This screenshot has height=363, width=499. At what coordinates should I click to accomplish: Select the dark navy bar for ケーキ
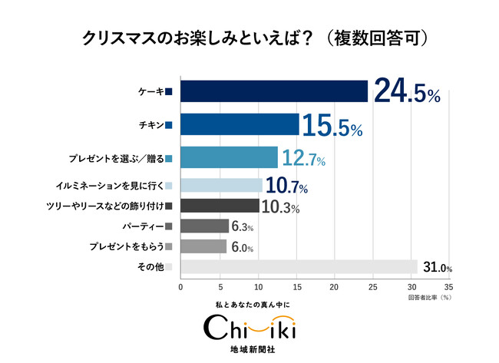click(x=274, y=91)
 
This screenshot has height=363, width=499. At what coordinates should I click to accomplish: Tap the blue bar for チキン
click(x=240, y=124)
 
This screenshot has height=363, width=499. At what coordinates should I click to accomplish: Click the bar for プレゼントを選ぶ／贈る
click(x=229, y=157)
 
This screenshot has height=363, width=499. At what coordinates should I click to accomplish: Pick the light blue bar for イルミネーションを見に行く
click(x=221, y=185)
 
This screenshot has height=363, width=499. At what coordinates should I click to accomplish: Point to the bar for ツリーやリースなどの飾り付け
click(x=220, y=206)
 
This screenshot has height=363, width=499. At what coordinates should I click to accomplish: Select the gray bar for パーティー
click(x=204, y=226)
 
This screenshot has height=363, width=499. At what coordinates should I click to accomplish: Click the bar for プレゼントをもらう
click(x=203, y=246)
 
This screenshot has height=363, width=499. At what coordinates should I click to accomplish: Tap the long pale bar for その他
click(x=299, y=266)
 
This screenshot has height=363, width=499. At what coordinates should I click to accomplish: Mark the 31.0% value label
click(x=437, y=268)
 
